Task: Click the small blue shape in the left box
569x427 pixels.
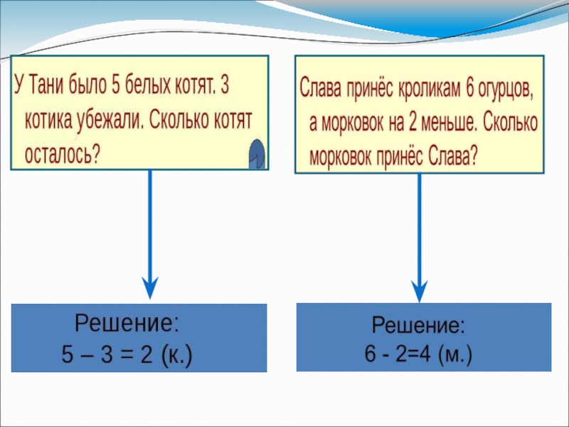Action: point(257,154)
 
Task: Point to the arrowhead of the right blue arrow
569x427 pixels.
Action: point(420,290)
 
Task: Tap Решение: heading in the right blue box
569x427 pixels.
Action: point(418,327)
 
